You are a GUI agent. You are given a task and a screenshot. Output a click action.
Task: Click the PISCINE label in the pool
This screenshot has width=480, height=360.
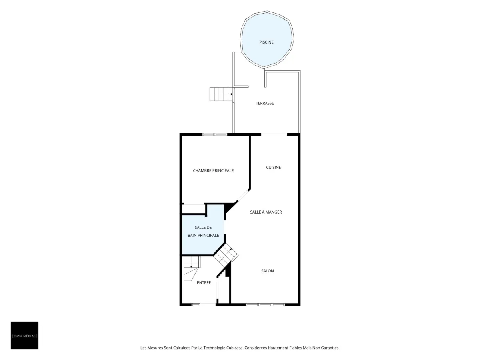pyautogui.click(x=266, y=42)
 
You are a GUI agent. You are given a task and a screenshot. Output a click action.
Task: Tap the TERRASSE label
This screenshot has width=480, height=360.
pyautogui.click(x=265, y=103)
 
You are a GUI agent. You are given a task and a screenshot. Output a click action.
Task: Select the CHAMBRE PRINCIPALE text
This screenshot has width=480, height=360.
pyautogui.click(x=213, y=170)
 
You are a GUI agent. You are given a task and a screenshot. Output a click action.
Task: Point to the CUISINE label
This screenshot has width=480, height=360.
pyautogui.click(x=273, y=168)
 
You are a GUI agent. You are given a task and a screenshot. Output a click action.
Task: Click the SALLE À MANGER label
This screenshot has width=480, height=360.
pyautogui.click(x=266, y=212)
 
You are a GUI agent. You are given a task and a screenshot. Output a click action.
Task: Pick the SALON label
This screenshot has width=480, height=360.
pyautogui.click(x=268, y=271)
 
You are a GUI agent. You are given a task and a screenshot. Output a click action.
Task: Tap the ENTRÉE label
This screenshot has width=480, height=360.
pyautogui.click(x=204, y=283)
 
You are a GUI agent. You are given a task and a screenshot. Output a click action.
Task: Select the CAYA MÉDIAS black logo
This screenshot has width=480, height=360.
pyautogui.click(x=24, y=335)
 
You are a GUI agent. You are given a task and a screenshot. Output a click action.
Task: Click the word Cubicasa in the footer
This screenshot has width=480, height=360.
pyautogui.click(x=235, y=348)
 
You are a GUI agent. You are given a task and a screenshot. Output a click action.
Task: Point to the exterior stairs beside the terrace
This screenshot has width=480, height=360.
pyautogui.click(x=221, y=94)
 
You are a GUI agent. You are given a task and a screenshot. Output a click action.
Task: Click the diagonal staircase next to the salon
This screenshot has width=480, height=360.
pyautogui.click(x=226, y=256)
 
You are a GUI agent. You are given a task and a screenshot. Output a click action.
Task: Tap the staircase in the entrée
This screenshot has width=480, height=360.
pyautogui.click(x=192, y=269)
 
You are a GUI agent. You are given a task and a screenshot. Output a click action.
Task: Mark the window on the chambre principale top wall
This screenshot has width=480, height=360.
pyautogui.click(x=215, y=134)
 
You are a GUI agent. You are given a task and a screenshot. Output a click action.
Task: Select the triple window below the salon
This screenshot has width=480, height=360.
pyautogui.click(x=265, y=304)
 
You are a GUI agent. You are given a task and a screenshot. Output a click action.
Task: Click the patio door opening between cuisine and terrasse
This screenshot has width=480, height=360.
pyautogui.click(x=274, y=134)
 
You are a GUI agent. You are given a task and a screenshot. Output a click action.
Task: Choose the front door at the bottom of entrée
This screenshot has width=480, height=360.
pyautogui.click(x=204, y=304)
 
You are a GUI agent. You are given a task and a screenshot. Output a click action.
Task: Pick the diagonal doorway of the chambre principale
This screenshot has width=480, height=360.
pyautogui.click(x=243, y=195)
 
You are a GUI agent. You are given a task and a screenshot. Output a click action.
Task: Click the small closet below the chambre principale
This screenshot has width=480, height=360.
pyautogui.click(x=193, y=209)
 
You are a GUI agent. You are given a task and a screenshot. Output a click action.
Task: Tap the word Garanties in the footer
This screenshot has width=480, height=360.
pyautogui.click(x=331, y=348)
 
